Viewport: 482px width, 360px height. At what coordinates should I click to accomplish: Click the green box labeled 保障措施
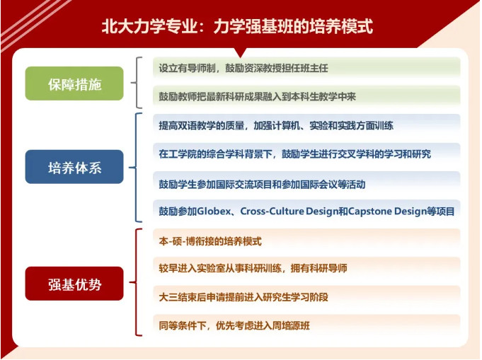(74, 83)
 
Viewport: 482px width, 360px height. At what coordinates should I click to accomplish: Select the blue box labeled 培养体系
(74, 167)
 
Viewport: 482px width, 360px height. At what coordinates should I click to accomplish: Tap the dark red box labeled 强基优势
(74, 284)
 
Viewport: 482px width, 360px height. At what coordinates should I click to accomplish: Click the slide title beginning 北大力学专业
(237, 25)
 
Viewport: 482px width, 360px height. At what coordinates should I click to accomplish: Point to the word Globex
(214, 211)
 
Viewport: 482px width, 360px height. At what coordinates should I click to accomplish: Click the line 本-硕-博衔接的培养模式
(210, 241)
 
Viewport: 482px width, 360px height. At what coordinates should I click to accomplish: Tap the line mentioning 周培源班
(234, 325)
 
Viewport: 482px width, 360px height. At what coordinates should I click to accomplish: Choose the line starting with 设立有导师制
(243, 68)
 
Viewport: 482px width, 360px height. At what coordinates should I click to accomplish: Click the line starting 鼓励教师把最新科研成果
(258, 97)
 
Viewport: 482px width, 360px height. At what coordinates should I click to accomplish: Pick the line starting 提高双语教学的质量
(276, 125)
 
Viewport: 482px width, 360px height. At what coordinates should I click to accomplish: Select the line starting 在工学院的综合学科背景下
(295, 154)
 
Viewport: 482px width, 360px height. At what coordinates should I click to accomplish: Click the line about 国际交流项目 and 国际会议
(262, 185)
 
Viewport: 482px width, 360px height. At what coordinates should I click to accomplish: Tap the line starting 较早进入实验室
(253, 268)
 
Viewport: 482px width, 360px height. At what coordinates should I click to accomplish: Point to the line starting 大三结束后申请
(243, 297)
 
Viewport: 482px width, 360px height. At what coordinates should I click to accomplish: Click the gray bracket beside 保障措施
(136, 83)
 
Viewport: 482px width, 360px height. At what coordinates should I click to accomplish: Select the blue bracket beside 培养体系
(136, 168)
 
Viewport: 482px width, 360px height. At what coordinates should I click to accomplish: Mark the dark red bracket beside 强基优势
(136, 282)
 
